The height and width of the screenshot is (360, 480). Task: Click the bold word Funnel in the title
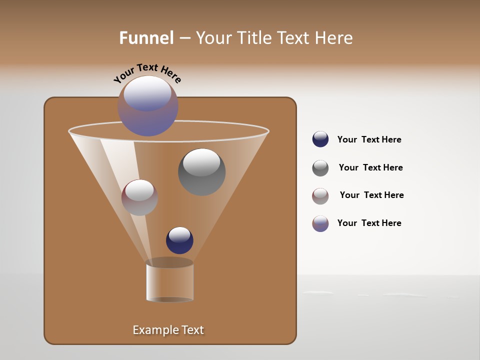(146, 37)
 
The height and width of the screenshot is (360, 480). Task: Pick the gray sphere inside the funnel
(201, 172)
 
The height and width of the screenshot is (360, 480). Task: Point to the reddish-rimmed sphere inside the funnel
(139, 197)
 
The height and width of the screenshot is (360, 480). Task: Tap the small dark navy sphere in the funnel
(179, 240)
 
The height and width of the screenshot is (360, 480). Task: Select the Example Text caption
(168, 330)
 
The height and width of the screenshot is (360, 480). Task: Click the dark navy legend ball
(320, 139)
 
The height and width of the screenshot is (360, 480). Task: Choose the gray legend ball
(320, 168)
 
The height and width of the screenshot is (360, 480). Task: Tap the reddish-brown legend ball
(320, 196)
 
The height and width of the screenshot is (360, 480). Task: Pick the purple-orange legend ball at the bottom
(320, 223)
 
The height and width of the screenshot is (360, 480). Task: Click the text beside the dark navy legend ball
(369, 139)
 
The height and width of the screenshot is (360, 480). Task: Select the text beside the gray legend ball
(370, 167)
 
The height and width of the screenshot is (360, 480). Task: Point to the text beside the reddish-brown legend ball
(371, 195)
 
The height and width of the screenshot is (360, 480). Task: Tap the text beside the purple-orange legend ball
(369, 223)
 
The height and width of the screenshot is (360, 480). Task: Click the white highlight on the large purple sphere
(147, 92)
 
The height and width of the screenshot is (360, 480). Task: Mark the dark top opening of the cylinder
(169, 262)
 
